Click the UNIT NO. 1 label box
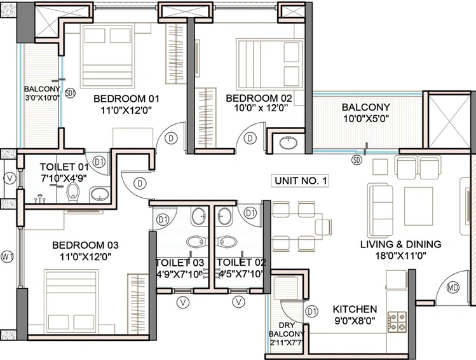click(x=300, y=181)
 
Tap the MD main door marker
click(x=453, y=287)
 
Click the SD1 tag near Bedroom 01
click(x=71, y=93)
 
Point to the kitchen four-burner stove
click(x=397, y=322)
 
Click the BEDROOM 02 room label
click(x=259, y=98)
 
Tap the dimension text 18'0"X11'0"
click(x=401, y=256)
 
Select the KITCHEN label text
click(x=355, y=309)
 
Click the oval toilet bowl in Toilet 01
click(x=73, y=192)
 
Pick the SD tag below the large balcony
click(x=357, y=160)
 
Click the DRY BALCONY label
click(x=286, y=329)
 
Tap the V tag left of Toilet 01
click(x=10, y=179)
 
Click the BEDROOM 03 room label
click(x=85, y=245)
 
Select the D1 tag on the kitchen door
click(x=311, y=312)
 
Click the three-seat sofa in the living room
click(x=380, y=211)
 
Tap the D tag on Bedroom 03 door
click(x=140, y=183)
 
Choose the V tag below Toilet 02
click(x=238, y=302)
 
